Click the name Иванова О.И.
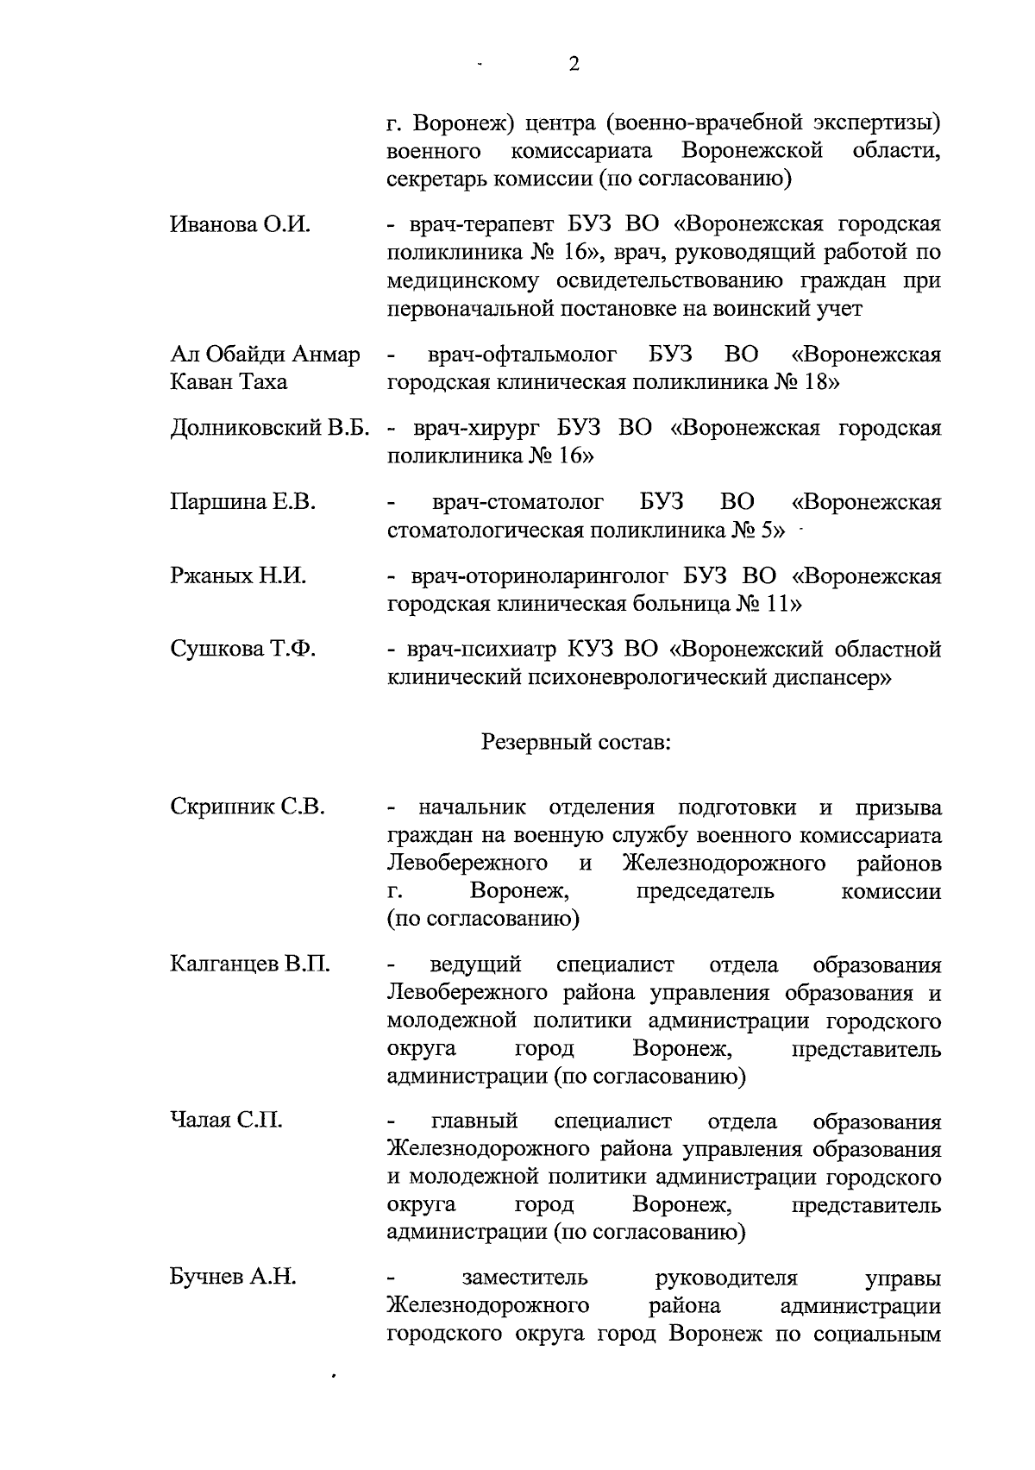tap(241, 225)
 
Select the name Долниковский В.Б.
tap(270, 429)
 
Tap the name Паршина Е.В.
tap(243, 502)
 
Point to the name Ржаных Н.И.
tap(238, 576)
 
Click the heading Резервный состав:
tap(576, 743)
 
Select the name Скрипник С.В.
tap(248, 808)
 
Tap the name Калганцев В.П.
tap(250, 964)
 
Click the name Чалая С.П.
tap(226, 1121)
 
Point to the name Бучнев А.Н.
tap(233, 1278)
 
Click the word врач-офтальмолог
tap(522, 355)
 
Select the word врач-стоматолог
tap(517, 502)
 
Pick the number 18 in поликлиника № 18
tap(816, 382)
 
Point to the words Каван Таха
tap(229, 382)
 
